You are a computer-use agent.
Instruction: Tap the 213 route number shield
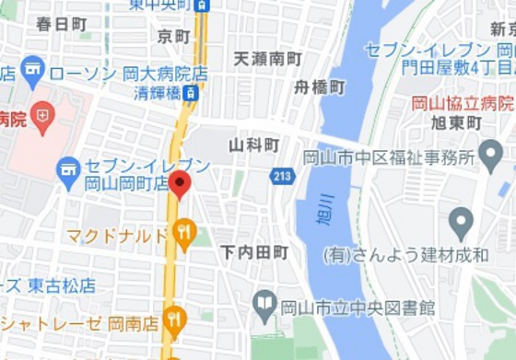281,175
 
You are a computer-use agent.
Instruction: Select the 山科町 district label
253,145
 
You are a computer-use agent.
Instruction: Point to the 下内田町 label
254,251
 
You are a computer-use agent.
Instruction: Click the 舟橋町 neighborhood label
319,87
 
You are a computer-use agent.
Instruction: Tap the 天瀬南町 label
267,59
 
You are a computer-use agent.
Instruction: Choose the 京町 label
173,37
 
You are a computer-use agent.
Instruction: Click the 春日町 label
62,25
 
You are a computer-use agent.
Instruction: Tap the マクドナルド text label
117,236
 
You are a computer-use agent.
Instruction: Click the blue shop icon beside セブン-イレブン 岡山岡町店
67,168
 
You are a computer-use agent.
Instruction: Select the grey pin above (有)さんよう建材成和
461,221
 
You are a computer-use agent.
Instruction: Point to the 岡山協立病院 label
473,103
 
